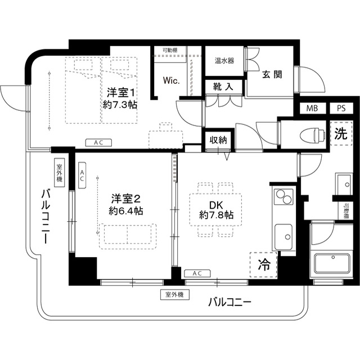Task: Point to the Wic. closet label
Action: point(172,80)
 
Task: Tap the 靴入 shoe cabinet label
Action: point(223,87)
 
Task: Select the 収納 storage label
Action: point(218,140)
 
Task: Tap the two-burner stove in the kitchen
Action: point(283,197)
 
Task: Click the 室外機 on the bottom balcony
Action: point(175,294)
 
